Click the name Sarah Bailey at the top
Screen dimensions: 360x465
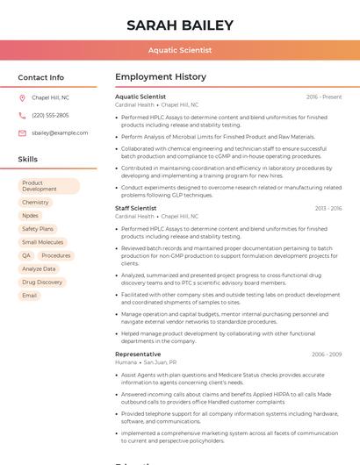tap(179, 25)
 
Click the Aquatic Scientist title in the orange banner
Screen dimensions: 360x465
tap(179, 50)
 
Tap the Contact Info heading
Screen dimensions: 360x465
tap(40, 77)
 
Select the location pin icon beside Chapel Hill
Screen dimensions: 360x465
tap(22, 97)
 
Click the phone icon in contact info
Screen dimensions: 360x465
tap(22, 115)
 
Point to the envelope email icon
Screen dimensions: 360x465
tap(22, 133)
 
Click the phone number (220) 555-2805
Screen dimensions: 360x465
tap(50, 115)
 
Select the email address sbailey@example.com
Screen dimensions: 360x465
tap(60, 133)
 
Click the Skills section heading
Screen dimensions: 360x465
tap(27, 160)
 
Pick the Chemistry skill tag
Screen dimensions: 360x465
tap(35, 203)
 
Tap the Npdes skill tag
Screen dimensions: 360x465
tap(31, 216)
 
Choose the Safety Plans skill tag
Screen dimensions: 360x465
tap(38, 229)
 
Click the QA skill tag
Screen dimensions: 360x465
tap(26, 255)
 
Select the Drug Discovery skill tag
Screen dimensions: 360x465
tap(42, 283)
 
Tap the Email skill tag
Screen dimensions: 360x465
tap(30, 296)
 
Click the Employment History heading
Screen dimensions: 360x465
tap(161, 77)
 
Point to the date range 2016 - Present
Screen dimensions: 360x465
tap(324, 97)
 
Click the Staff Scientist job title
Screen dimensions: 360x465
tap(135, 209)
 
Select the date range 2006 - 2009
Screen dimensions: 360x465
tap(327, 354)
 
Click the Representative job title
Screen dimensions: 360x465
tap(138, 354)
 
